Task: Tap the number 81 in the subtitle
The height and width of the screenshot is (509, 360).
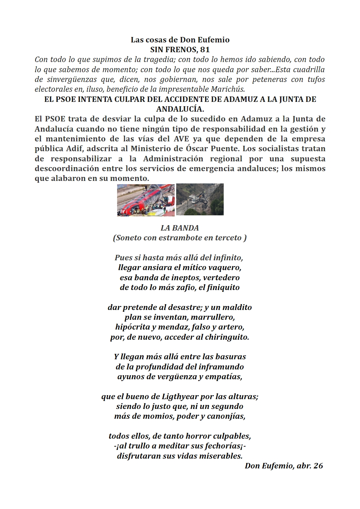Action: [x=205, y=50]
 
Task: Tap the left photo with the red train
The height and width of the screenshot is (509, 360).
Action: [x=146, y=200]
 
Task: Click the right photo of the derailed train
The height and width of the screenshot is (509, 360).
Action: [x=200, y=199]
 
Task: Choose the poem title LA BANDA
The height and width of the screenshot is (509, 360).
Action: [x=180, y=228]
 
